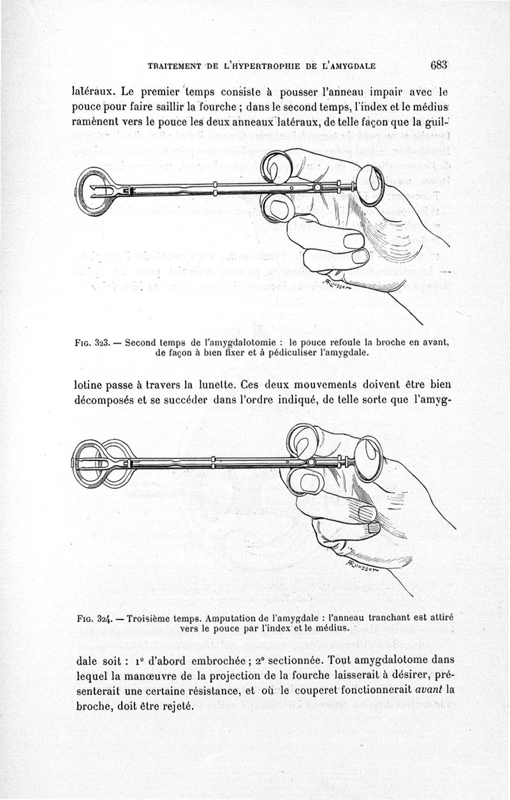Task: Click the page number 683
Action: [441, 64]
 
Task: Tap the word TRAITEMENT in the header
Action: [174, 66]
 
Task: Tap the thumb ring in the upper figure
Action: [371, 185]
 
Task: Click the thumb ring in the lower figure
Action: [369, 457]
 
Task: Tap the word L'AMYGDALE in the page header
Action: [348, 66]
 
